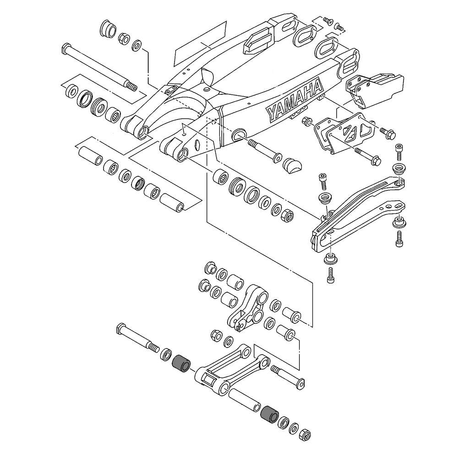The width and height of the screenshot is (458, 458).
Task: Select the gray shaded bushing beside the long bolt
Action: (x=180, y=363)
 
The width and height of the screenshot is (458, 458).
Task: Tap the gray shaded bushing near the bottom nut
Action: (x=268, y=414)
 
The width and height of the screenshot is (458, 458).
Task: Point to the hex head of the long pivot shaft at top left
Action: (x=65, y=47)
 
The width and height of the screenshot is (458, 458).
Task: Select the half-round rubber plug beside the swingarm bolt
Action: (x=292, y=164)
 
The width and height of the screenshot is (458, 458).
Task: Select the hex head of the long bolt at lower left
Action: (x=121, y=329)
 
